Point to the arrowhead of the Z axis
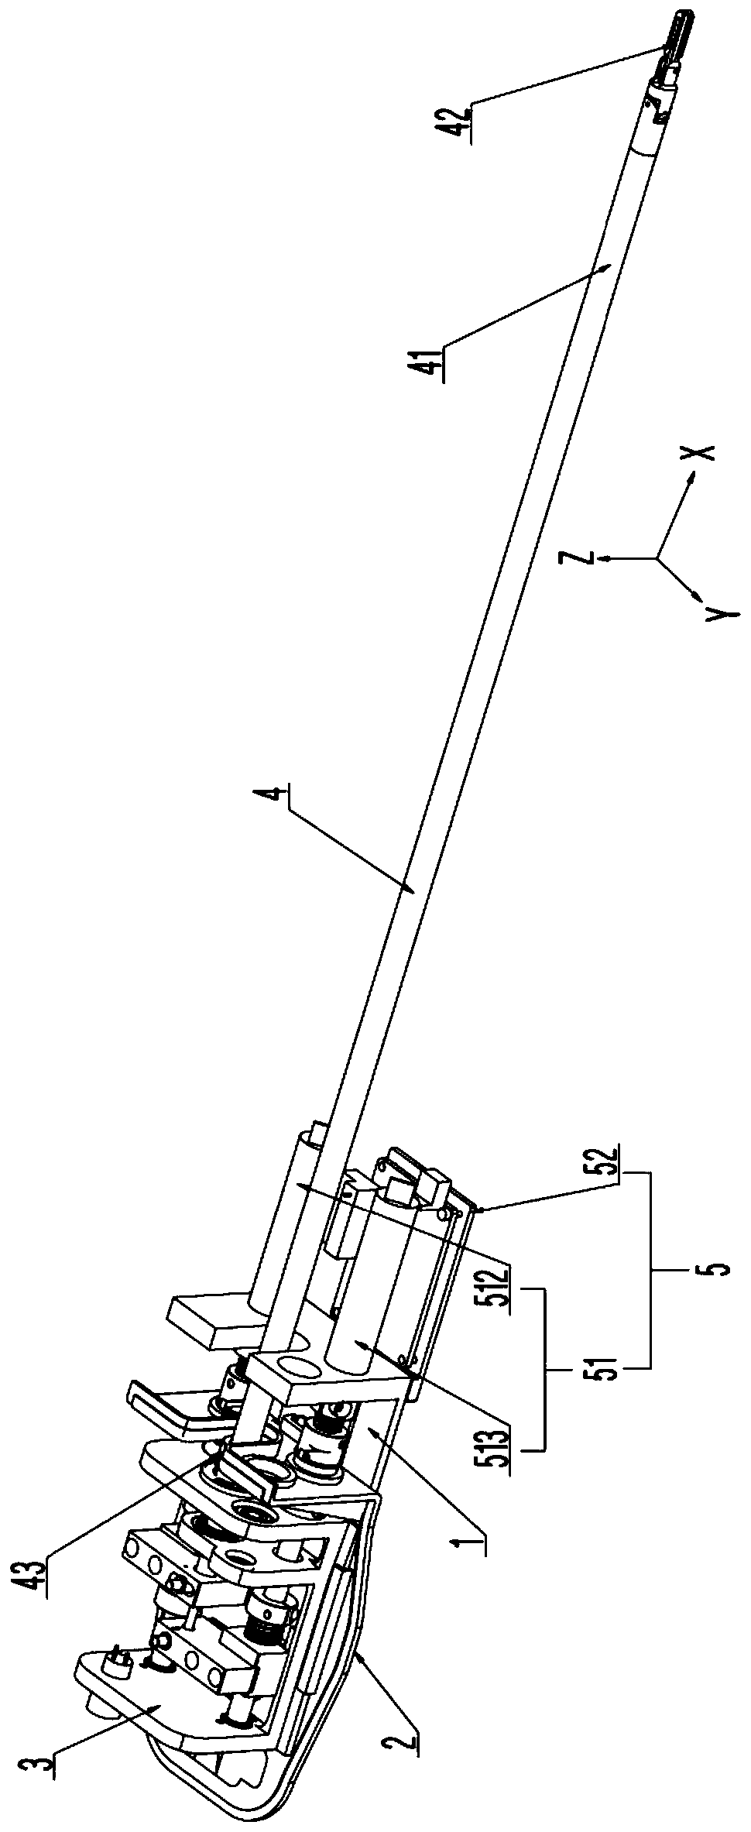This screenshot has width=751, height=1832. tap(606, 556)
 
